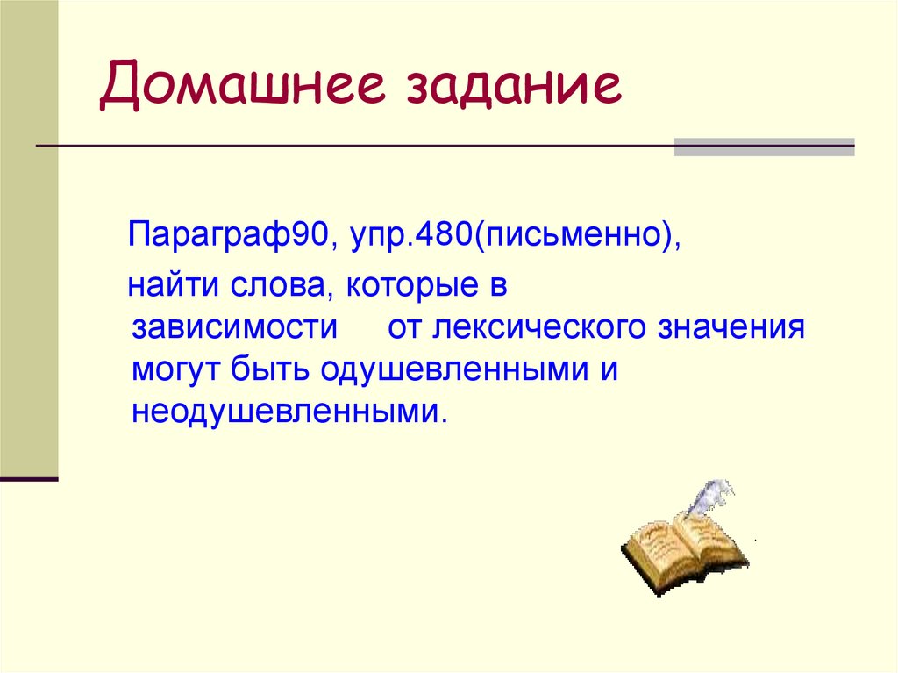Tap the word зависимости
coord(235,329)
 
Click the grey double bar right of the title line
coord(763,147)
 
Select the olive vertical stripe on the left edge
coord(29,237)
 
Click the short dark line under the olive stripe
coord(29,480)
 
